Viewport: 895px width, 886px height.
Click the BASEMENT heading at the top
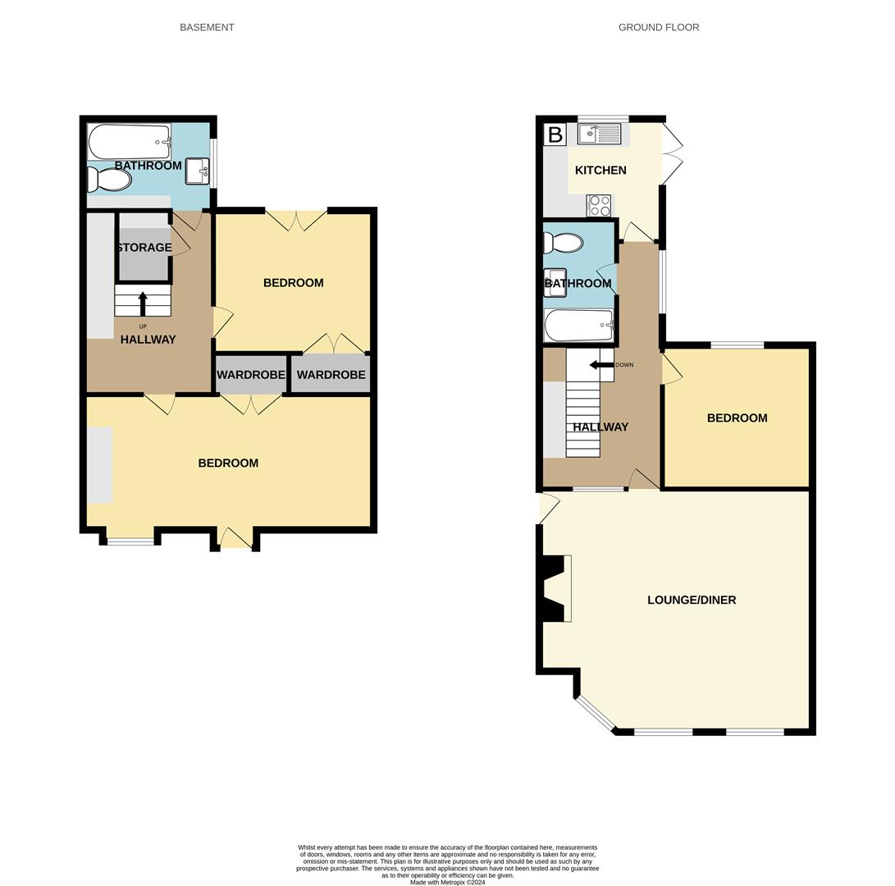207,27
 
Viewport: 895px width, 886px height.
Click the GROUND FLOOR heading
658,27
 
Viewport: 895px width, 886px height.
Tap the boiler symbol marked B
555,135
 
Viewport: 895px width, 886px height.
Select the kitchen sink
600,134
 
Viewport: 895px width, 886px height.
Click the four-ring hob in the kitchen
599,205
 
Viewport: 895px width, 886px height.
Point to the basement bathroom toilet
108,179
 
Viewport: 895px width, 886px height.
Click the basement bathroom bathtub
129,142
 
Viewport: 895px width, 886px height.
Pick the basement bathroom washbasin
198,171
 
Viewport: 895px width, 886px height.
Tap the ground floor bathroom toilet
564,243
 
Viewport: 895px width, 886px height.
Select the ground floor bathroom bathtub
578,325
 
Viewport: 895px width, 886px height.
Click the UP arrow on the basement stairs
143,304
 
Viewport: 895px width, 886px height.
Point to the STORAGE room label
144,248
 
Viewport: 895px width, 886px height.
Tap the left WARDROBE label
251,375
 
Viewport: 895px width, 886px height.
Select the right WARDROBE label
331,375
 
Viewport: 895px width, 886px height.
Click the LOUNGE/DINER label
692,600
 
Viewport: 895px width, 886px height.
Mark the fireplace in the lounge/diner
554,588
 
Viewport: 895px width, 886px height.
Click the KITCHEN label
600,170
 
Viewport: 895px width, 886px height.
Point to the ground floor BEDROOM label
737,418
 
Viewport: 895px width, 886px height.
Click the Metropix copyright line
447,883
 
